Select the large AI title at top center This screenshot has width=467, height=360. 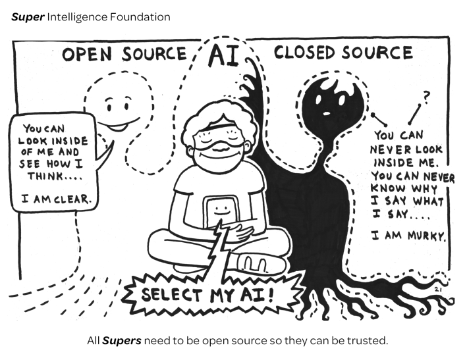[223, 57]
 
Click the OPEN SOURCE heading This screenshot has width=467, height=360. [124, 54]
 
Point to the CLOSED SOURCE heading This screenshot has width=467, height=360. [343, 53]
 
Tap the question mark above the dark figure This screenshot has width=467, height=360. [426, 97]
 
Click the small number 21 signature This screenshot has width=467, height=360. [437, 288]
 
